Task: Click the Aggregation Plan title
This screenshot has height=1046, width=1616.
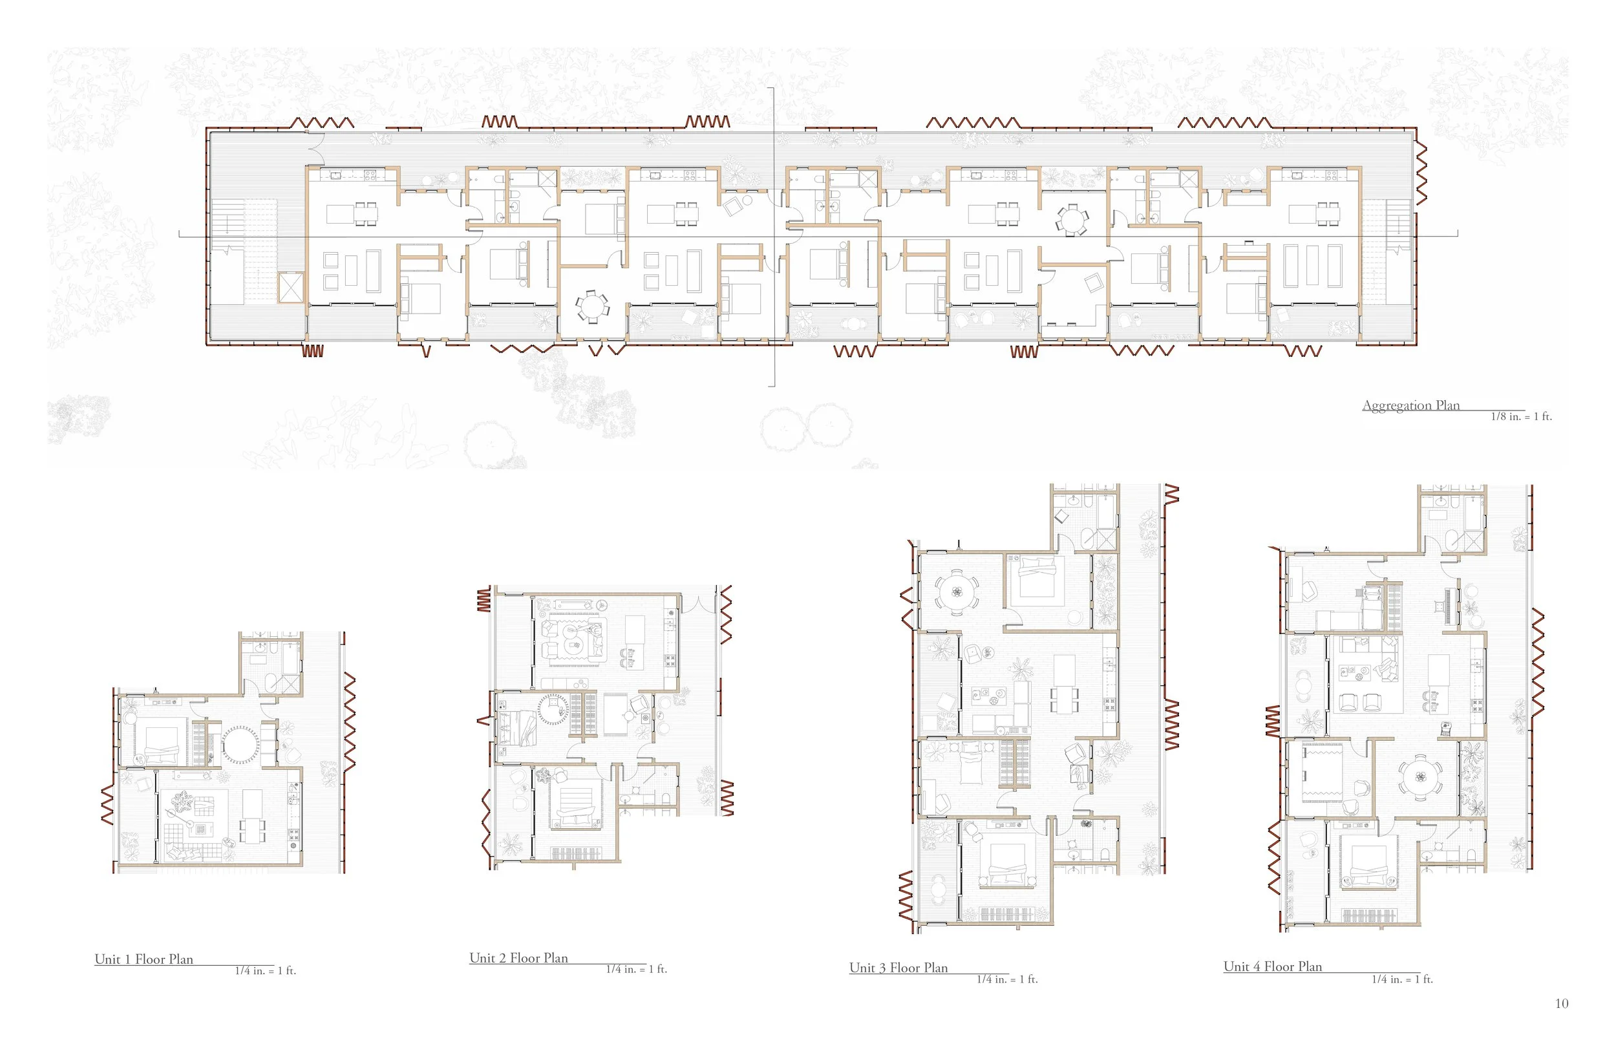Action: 1411,405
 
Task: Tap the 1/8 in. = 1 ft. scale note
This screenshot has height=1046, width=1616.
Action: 1521,416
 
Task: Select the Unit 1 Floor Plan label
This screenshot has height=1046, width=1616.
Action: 144,959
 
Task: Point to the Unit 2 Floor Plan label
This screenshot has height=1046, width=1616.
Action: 519,957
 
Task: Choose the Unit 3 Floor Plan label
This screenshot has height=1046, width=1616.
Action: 898,967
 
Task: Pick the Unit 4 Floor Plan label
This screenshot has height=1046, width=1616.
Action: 1273,966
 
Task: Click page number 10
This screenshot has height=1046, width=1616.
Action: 1562,1003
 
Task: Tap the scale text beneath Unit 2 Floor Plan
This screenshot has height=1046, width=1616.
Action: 636,969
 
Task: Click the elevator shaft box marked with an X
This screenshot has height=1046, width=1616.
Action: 292,286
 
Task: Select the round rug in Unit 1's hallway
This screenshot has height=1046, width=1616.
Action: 240,745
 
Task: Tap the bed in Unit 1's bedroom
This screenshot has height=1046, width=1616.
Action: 160,743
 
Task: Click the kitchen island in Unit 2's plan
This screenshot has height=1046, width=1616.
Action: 635,634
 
